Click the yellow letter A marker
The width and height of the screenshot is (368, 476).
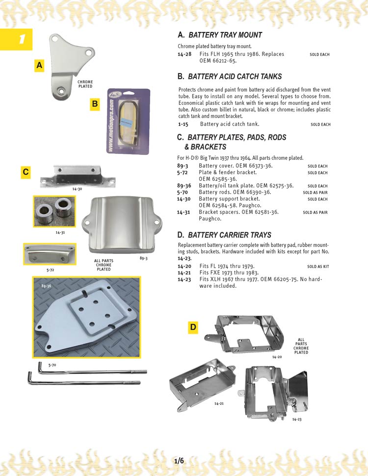click(40, 65)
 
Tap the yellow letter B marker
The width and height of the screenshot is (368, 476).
click(95, 104)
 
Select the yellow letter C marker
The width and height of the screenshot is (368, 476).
click(26, 172)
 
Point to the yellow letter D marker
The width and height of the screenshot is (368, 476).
click(193, 327)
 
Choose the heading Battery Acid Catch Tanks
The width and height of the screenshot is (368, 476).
click(235, 76)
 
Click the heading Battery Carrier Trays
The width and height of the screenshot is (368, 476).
click(229, 235)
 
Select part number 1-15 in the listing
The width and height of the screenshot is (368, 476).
click(183, 125)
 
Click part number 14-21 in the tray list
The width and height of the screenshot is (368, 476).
click(184, 273)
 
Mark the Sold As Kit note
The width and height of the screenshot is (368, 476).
click(318, 267)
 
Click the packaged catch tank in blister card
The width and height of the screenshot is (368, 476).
click(128, 121)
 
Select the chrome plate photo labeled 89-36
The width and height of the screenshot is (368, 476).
click(86, 317)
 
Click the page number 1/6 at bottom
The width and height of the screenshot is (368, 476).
click(179, 461)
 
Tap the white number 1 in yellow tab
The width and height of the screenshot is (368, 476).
click(21, 40)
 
